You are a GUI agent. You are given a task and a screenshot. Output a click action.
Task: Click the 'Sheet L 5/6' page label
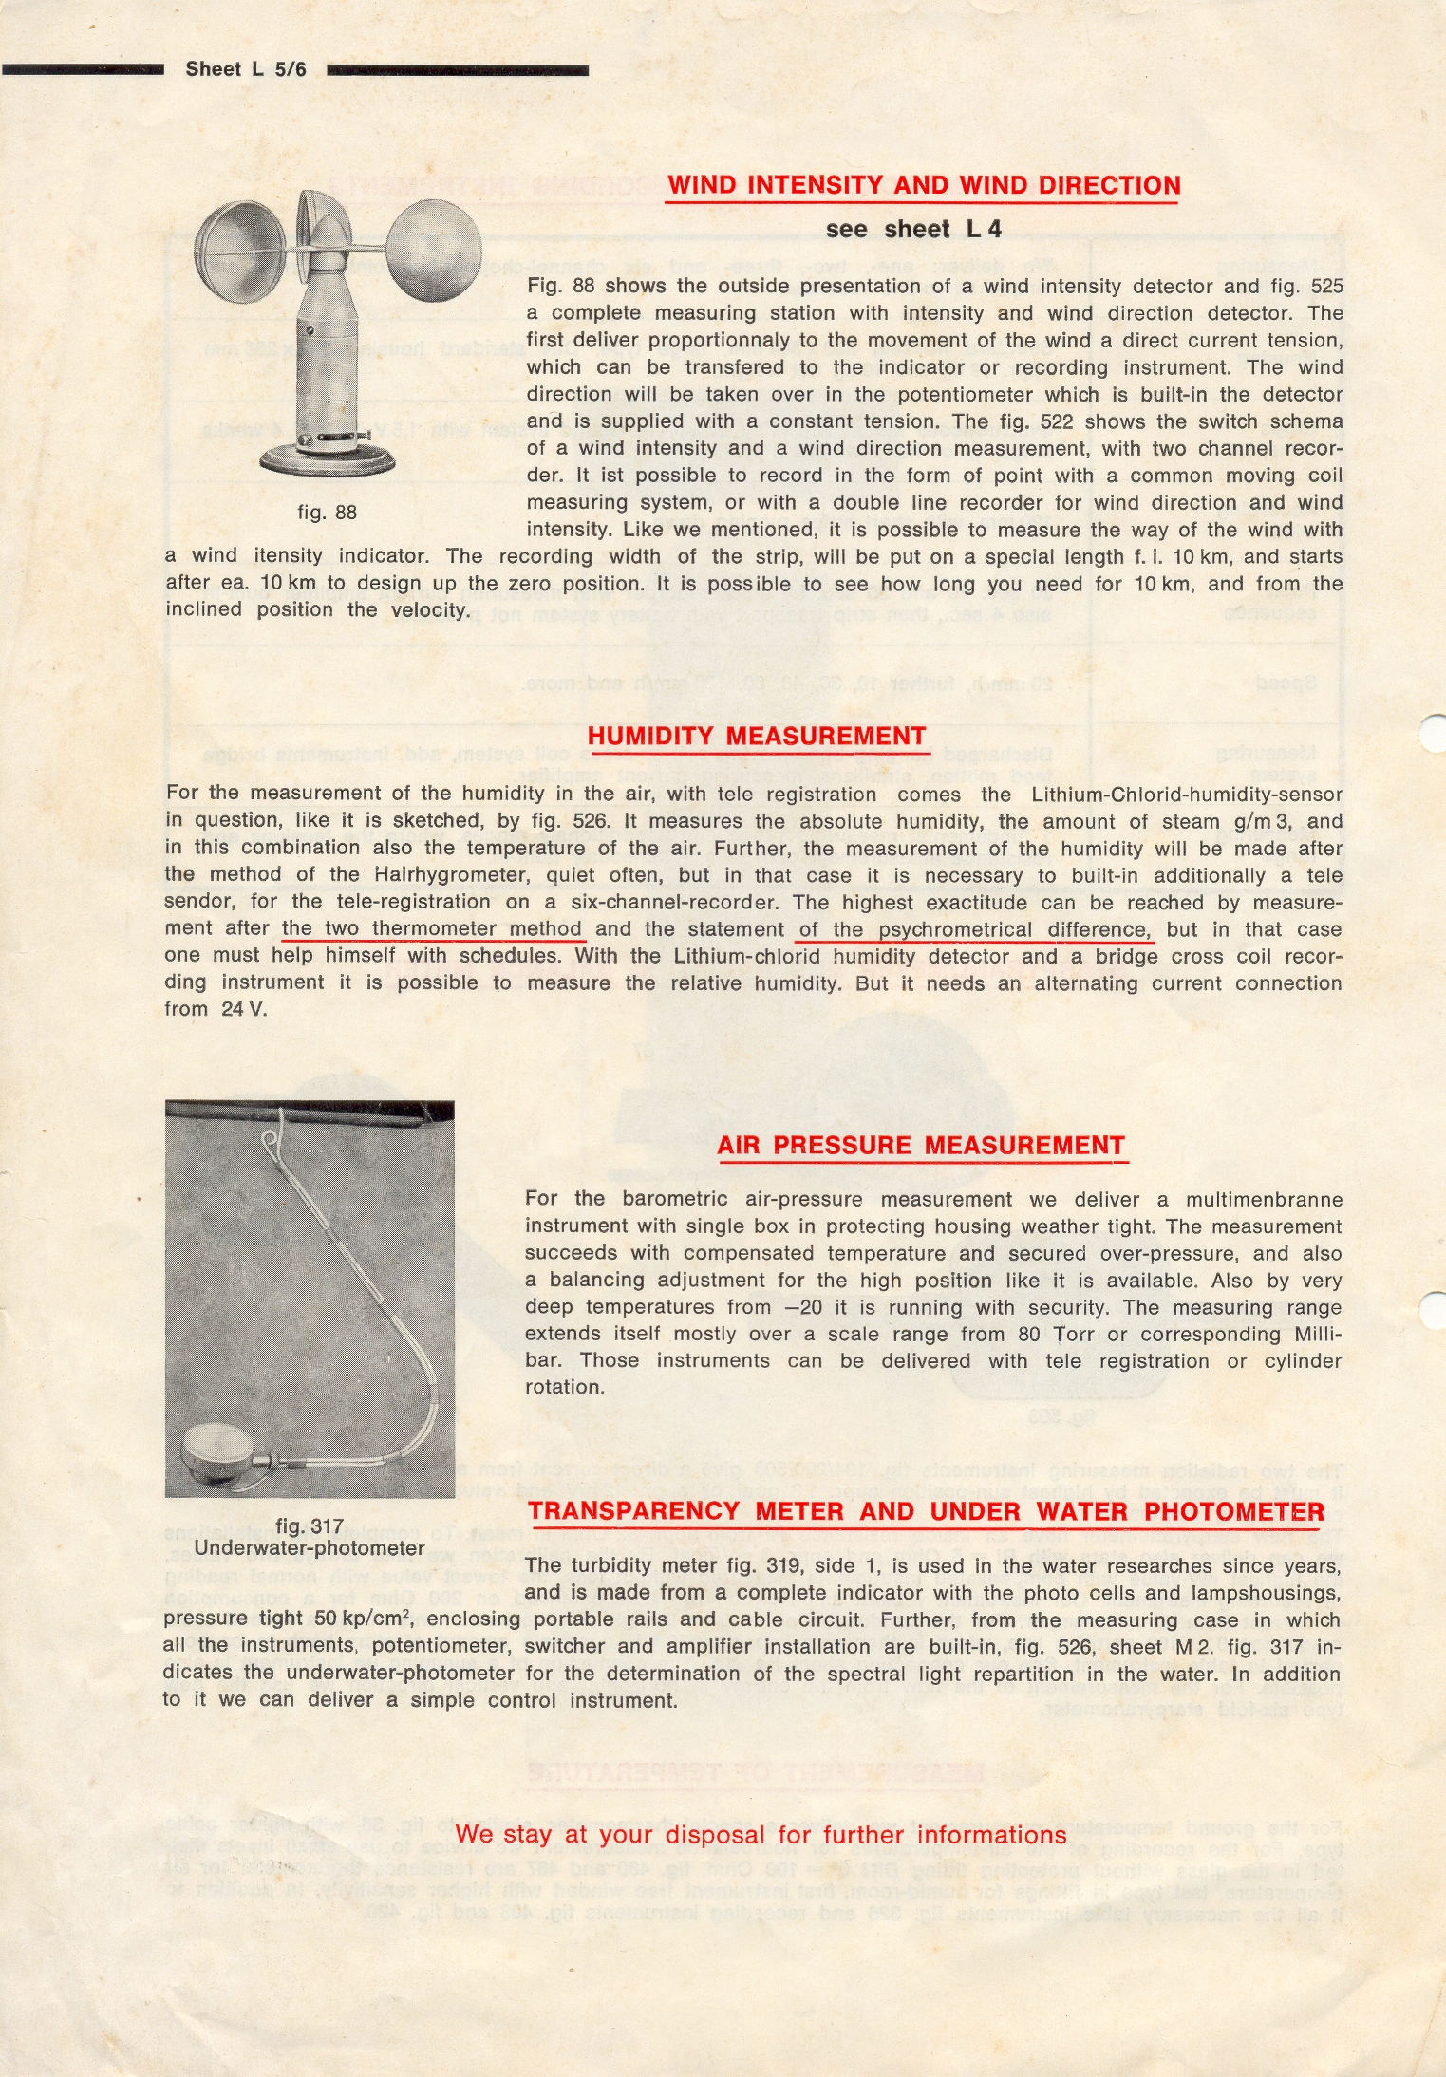pyautogui.click(x=246, y=69)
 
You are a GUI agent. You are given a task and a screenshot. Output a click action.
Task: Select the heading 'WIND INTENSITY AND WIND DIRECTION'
pyautogui.click(x=923, y=185)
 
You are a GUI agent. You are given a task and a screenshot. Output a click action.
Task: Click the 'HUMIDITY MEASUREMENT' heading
pyautogui.click(x=756, y=736)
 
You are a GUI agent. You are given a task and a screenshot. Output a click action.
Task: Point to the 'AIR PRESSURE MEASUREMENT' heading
pyautogui.click(x=921, y=1145)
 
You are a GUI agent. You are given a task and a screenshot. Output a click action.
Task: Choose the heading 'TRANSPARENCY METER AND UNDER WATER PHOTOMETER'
pyautogui.click(x=926, y=1511)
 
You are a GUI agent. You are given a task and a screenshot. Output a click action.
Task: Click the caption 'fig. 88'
pyautogui.click(x=327, y=513)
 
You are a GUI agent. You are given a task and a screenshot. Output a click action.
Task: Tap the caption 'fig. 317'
pyautogui.click(x=309, y=1526)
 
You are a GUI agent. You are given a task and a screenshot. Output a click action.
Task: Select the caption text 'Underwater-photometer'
pyautogui.click(x=309, y=1548)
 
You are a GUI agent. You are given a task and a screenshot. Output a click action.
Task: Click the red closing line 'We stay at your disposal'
pyautogui.click(x=761, y=1834)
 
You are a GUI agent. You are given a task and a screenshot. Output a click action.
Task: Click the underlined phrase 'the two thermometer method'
pyautogui.click(x=432, y=928)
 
